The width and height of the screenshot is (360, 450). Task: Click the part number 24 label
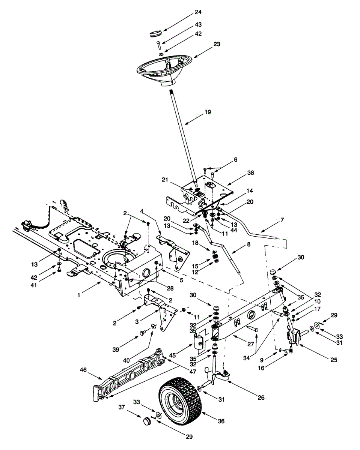tap(198, 12)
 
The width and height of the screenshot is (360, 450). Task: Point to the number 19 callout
tap(208, 112)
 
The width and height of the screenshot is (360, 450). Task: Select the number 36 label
tap(221, 421)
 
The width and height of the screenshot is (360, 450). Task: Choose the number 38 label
tap(251, 173)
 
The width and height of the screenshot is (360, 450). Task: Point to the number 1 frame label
tap(79, 295)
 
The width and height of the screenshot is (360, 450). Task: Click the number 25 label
tap(334, 360)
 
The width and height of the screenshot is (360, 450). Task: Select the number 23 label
tap(217, 43)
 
